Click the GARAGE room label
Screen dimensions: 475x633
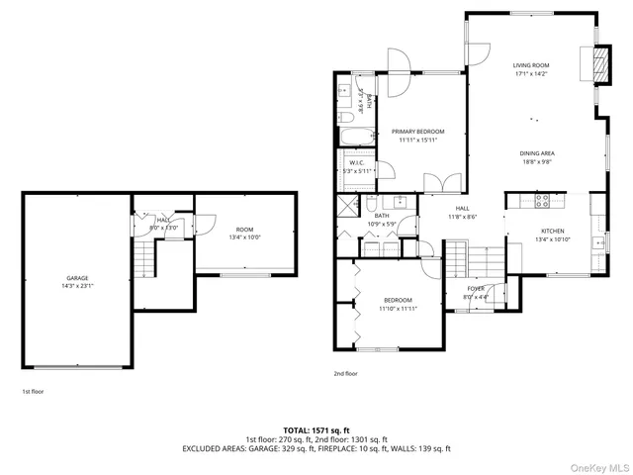tap(80, 280)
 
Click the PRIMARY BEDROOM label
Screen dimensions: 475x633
tap(416, 132)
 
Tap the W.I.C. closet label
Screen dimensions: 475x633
tap(357, 162)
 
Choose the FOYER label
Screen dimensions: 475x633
tap(482, 287)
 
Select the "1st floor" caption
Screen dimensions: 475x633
tap(33, 391)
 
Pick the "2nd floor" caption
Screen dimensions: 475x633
tap(345, 374)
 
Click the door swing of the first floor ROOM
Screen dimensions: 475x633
tap(205, 224)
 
